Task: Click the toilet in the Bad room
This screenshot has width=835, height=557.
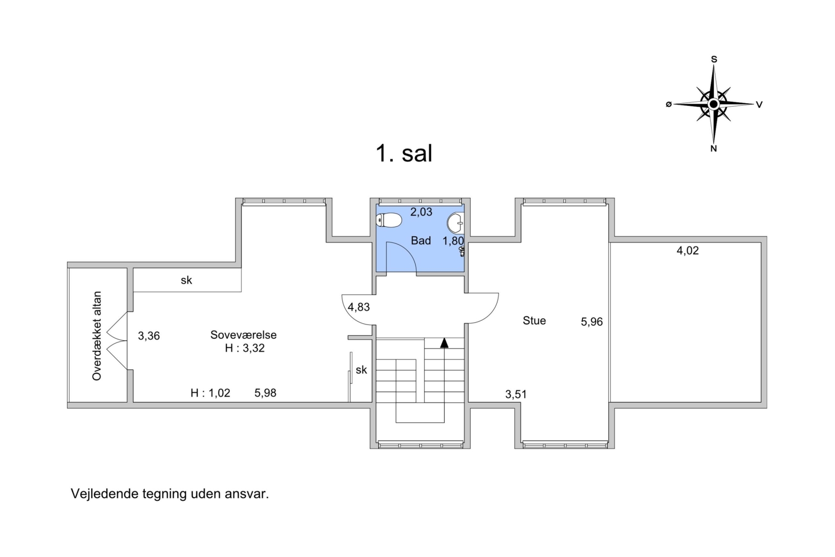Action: [389, 220]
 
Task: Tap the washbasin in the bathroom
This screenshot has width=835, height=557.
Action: [456, 223]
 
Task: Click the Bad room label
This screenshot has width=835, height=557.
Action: [421, 241]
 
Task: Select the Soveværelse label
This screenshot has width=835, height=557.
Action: [243, 335]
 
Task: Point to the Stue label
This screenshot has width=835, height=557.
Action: [534, 320]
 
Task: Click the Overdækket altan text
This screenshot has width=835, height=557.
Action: [96, 336]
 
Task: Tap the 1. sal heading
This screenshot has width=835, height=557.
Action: [404, 153]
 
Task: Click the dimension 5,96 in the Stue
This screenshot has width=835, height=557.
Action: [592, 322]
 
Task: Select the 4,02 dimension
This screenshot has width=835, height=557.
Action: [688, 250]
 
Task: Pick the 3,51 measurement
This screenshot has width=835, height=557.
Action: [516, 394]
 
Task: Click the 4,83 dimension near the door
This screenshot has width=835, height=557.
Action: [359, 307]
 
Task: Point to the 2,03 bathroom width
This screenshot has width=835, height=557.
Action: [421, 212]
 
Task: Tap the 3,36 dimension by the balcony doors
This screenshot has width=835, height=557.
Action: [149, 336]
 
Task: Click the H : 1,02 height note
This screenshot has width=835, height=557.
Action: [210, 393]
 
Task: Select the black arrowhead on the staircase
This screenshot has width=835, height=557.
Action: [444, 343]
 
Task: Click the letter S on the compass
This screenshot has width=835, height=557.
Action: [714, 59]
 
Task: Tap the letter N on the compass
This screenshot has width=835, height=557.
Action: [713, 149]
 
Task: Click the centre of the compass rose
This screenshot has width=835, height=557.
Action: [713, 104]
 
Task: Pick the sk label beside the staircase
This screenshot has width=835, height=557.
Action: [361, 370]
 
